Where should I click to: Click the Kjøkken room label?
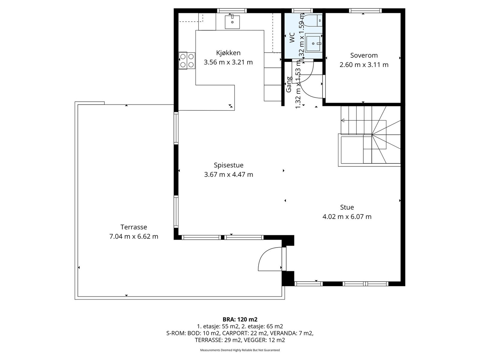228,53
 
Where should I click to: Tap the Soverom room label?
364,55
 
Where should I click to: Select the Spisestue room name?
229,166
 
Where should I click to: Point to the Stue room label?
347,207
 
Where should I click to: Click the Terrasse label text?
133,227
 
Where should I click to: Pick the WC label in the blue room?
292,37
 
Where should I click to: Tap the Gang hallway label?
289,84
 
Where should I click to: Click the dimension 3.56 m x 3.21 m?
228,62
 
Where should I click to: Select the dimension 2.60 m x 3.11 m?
364,65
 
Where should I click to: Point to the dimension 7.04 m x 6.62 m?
133,236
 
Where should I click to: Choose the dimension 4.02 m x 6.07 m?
347,217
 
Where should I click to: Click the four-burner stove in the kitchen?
187,61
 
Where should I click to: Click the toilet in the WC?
313,20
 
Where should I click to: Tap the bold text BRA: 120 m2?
240,319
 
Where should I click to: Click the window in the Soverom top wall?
365,11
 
